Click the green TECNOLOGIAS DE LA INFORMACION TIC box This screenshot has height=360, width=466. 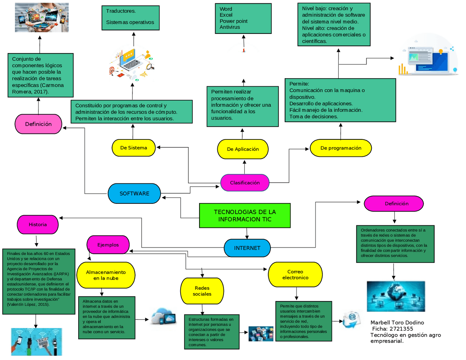tap(245, 215)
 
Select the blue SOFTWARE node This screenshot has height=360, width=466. tap(134, 194)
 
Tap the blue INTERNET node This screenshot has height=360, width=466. tap(247, 248)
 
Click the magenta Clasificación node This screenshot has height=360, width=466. tap(245, 183)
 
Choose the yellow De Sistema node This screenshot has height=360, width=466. tap(134, 148)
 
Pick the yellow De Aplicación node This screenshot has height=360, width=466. tap(243, 149)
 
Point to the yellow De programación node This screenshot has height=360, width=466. tap(341, 148)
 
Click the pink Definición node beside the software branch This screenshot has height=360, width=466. tap(38, 124)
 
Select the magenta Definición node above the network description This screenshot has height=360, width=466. tap(394, 203)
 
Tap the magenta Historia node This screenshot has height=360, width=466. tap(38, 225)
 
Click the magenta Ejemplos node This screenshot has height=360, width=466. tap(108, 245)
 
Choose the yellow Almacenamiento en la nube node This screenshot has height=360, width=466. tap(106, 275)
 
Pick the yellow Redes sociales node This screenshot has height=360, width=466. tap(202, 291)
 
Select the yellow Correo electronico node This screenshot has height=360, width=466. tap(295, 274)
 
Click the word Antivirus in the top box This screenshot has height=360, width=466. tap(230, 27)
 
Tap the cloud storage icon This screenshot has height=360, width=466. tap(163, 317)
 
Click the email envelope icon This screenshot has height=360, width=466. tap(351, 319)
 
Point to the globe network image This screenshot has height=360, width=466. tap(396, 296)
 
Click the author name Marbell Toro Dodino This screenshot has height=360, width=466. tap(397, 323)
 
